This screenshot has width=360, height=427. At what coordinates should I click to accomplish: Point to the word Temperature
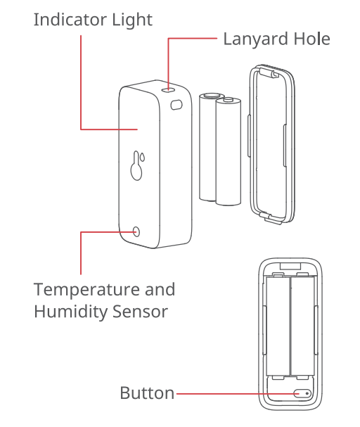[x=86, y=291]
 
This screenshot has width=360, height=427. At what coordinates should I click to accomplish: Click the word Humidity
[x=70, y=312]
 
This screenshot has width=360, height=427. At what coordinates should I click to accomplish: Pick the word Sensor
[x=140, y=312]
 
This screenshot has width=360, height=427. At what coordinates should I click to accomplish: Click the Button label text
[x=147, y=393]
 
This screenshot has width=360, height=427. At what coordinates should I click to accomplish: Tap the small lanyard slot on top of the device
[x=168, y=89]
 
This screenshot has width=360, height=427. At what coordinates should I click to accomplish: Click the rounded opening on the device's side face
[x=176, y=105]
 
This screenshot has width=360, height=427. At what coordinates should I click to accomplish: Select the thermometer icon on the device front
[x=136, y=166]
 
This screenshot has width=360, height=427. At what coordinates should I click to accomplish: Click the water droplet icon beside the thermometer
[x=143, y=158]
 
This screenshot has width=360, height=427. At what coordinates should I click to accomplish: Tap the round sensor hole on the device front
[x=136, y=232]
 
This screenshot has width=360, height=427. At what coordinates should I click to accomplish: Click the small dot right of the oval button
[x=307, y=393]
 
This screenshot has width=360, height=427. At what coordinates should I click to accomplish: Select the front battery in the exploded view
[x=229, y=151]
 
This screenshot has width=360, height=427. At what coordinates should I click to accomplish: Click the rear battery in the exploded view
[x=208, y=147]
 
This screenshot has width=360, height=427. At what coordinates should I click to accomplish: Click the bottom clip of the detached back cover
[x=270, y=218]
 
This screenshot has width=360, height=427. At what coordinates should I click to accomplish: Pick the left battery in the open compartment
[x=278, y=326]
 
